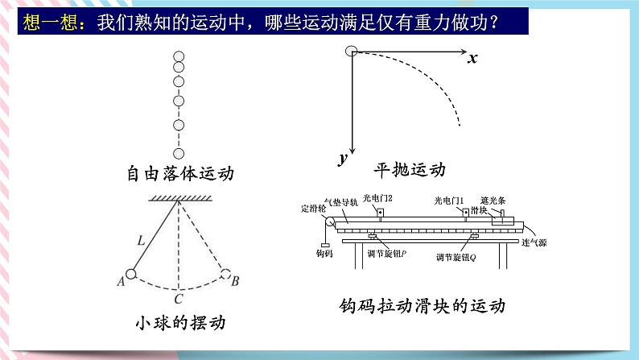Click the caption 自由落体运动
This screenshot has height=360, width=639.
[x=179, y=173]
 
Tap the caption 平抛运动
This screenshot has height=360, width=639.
[x=409, y=171]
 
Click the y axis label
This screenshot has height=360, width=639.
[x=343, y=158]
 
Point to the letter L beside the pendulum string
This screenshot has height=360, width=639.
[x=141, y=239]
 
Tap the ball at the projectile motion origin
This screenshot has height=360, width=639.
[x=351, y=52]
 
